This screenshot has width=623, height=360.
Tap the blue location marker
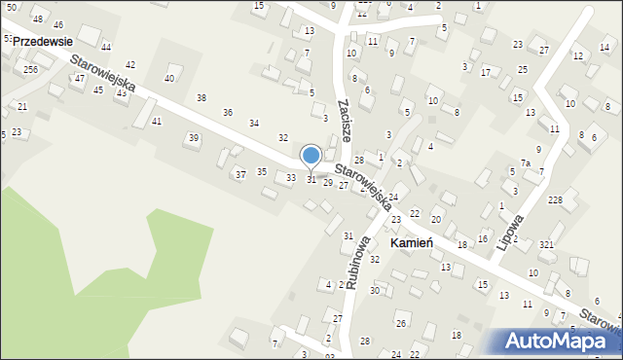311,156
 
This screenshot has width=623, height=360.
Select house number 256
31,70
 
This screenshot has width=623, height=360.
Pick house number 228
555,200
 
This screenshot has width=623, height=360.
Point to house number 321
546,244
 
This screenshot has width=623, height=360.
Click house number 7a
525,163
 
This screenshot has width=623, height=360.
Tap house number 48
38,19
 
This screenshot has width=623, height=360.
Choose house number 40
169,78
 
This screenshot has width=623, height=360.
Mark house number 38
202,98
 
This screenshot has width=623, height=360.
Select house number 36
228,113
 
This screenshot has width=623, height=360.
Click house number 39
194,138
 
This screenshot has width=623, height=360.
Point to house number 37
240,175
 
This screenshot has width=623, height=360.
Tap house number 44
105,47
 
